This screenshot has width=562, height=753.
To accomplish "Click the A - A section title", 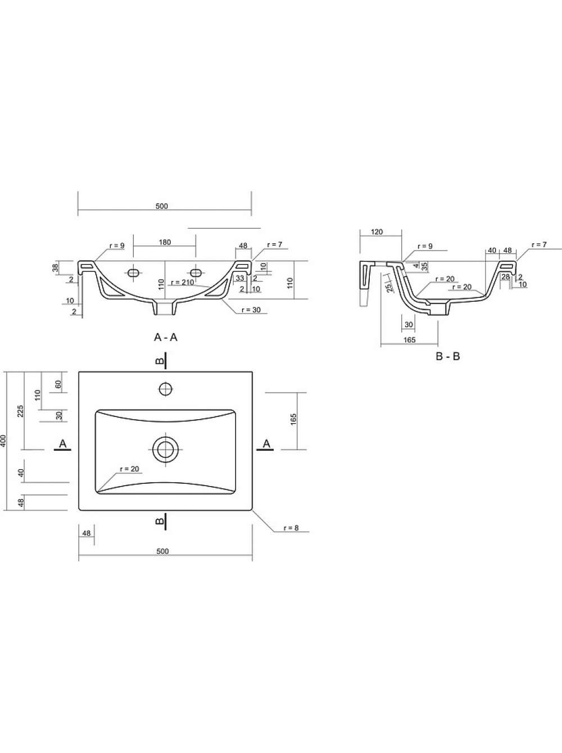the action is pos(166,338).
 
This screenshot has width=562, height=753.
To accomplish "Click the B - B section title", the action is pos(448,356).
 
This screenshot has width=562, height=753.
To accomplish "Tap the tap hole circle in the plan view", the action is pos(166,389).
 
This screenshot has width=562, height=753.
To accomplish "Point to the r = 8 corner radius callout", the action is pos(291,528).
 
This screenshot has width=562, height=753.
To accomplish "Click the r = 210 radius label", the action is pos(183,282).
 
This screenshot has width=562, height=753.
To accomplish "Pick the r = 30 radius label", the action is pos(251,310).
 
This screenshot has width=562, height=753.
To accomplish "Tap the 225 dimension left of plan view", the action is pos(21,411).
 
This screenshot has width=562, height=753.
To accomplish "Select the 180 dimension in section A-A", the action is pos(165,243).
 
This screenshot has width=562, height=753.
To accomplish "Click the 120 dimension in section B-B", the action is pos(377,232).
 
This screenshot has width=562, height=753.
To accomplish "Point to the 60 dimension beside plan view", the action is pos(58,384).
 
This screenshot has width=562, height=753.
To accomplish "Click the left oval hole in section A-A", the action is pos(133,273).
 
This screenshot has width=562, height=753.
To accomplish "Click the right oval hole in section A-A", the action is pos(196,273).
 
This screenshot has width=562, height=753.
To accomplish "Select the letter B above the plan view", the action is pos(160,361).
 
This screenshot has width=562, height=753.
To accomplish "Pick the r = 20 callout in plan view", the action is pos(129,469).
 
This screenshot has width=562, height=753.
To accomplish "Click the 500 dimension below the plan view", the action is pos(162,551).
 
